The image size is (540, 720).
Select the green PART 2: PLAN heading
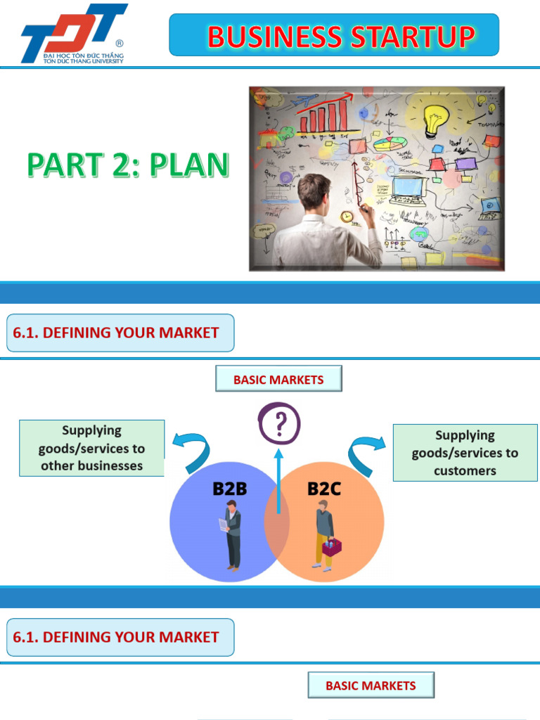tap(128, 165)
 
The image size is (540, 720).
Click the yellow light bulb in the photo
tap(435, 120)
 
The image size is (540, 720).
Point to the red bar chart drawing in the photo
tap(323, 117)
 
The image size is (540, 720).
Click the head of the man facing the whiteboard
tap(313, 194)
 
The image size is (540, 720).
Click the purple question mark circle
tap(279, 424)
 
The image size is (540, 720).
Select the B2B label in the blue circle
tap(229, 489)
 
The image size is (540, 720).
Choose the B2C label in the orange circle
tap(324, 489)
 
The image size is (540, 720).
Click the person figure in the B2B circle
tap(231, 535)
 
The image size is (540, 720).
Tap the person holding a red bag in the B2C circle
tap(324, 535)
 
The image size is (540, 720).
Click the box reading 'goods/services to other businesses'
tap(91, 448)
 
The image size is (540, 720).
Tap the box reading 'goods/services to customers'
tap(465, 453)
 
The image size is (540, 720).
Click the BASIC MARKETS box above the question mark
tap(278, 379)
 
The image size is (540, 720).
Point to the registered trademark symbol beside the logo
tap(119, 43)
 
